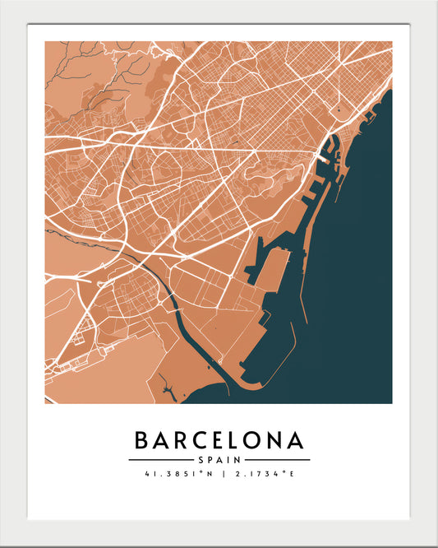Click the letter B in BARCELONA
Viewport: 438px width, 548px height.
(141, 441)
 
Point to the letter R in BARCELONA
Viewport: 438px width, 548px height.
(183, 441)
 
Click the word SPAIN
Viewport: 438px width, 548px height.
(219, 460)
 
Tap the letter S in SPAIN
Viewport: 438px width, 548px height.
(201, 460)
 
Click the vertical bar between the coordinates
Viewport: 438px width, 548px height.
(219, 474)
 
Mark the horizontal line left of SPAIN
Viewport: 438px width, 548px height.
(160, 460)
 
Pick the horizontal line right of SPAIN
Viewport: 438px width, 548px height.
(278, 460)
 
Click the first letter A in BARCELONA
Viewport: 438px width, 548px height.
(162, 441)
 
